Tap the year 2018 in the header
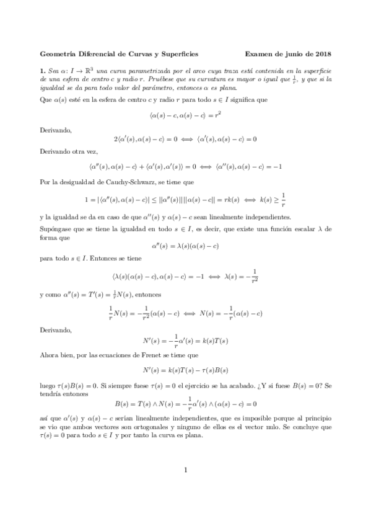point(323,53)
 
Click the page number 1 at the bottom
point(186,487)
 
